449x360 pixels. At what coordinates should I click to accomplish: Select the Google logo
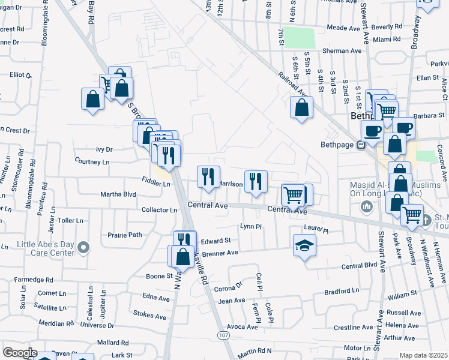(x=19, y=352)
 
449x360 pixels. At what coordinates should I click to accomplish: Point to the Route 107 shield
(x=223, y=334)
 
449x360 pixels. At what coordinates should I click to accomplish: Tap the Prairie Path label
(x=124, y=235)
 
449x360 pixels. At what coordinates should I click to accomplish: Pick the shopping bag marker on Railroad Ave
(x=302, y=108)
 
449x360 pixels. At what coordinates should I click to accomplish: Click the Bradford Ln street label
(x=342, y=291)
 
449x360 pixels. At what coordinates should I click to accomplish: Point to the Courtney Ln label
(x=92, y=161)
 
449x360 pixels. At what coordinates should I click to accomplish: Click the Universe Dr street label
(x=93, y=325)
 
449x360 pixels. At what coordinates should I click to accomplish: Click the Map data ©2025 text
(x=423, y=355)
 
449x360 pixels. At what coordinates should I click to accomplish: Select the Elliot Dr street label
(x=20, y=75)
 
